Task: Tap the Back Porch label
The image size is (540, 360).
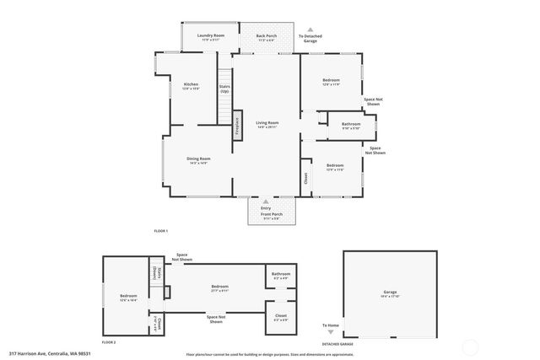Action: coord(267,36)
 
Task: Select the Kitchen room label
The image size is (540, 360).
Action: coord(192,84)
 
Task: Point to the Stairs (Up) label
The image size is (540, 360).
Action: coord(224,88)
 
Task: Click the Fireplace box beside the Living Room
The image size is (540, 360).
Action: coord(237,126)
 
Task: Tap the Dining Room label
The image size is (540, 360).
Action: coord(198,159)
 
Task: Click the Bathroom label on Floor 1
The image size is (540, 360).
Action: coord(351,125)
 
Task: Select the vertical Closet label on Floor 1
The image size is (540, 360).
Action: coord(305,179)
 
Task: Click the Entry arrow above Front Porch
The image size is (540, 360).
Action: coord(266,201)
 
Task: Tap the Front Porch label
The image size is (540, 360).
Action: coord(271,215)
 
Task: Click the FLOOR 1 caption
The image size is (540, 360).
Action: coord(160,230)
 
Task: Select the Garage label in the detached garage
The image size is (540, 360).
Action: coord(390,293)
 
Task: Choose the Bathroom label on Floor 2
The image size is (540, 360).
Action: coord(281,275)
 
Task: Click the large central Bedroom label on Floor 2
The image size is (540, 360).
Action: coord(219,287)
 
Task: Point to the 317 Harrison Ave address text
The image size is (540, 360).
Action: coord(49,353)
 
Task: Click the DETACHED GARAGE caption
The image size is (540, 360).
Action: coord(337,343)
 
